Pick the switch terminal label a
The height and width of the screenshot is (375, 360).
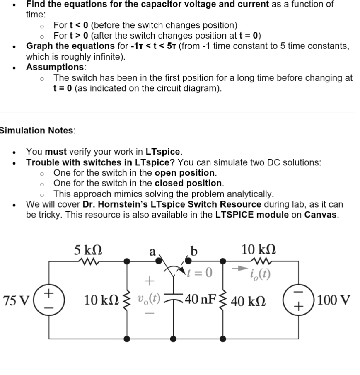(x=152, y=252)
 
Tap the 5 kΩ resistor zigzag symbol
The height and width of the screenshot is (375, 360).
(x=88, y=261)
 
